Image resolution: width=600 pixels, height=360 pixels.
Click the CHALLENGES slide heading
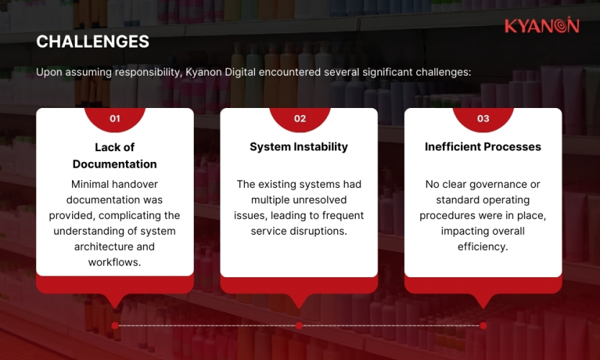93,42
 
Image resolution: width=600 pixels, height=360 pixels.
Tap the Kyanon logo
542,26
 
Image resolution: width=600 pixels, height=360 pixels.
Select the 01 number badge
115,119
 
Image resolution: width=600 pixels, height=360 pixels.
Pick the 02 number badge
300,119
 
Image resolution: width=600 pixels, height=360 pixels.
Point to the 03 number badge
483,119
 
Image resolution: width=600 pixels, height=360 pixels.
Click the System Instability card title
299,147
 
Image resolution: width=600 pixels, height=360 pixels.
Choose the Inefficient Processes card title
483,147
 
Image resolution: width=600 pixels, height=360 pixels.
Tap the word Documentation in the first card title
115,164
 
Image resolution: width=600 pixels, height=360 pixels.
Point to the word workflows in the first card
115,262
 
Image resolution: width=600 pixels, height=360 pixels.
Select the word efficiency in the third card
483,247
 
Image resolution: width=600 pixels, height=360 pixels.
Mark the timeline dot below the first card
115,325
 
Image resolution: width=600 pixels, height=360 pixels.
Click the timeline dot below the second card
299,325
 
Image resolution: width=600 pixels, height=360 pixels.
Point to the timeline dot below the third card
483,325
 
